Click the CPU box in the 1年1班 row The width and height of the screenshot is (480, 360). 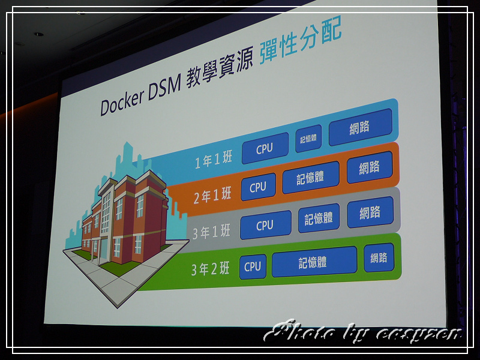point(265,148)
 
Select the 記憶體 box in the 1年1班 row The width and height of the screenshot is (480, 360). point(308,139)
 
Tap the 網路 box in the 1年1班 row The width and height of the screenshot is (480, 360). point(361,127)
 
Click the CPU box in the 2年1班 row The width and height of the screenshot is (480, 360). point(259,187)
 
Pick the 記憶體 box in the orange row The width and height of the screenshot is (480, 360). point(311,177)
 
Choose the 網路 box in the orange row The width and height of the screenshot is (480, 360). point(370,167)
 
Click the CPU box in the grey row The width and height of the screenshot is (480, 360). point(265,225)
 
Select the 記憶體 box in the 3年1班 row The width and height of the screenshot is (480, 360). point(319,218)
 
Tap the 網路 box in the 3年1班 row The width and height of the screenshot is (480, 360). point(370,212)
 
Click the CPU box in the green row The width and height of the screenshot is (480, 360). point(253,266)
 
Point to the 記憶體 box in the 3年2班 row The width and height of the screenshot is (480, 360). point(314,262)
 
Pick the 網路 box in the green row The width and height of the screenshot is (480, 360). point(379,257)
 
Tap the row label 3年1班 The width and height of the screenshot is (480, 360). point(211,232)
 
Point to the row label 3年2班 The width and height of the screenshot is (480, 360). point(211,269)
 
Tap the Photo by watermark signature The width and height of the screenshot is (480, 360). point(363,331)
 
